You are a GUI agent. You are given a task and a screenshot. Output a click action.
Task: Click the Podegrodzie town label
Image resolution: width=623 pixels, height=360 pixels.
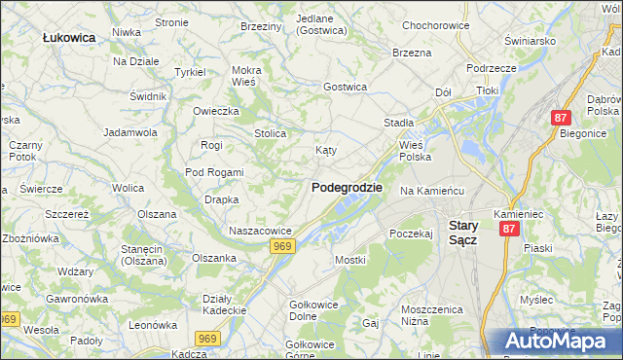(x=347, y=187)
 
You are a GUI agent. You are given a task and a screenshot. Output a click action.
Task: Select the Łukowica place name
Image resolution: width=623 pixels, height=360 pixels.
(x=69, y=37)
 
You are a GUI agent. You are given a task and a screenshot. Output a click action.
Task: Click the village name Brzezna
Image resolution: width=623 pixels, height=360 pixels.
(x=411, y=53)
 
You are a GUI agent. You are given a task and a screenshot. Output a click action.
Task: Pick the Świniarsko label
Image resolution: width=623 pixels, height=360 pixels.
(x=530, y=41)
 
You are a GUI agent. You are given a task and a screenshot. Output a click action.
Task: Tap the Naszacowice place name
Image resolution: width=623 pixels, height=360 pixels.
(x=260, y=231)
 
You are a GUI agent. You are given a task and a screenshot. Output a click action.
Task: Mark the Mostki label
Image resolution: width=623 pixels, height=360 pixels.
(x=349, y=260)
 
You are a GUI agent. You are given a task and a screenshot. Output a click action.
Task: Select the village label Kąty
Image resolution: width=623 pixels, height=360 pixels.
(x=326, y=151)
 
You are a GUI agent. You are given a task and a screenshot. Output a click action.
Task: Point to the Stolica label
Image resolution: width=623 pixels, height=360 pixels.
(x=270, y=133)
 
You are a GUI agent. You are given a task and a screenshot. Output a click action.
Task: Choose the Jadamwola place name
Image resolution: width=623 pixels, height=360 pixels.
(x=130, y=131)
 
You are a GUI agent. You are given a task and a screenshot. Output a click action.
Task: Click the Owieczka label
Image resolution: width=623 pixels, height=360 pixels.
(x=215, y=110)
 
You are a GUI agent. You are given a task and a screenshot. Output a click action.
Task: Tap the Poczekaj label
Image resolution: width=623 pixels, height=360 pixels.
(x=410, y=234)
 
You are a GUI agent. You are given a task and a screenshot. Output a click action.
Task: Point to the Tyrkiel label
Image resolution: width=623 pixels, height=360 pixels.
(x=190, y=72)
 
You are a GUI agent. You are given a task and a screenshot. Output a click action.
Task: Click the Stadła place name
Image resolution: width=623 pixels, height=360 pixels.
(x=399, y=123)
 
